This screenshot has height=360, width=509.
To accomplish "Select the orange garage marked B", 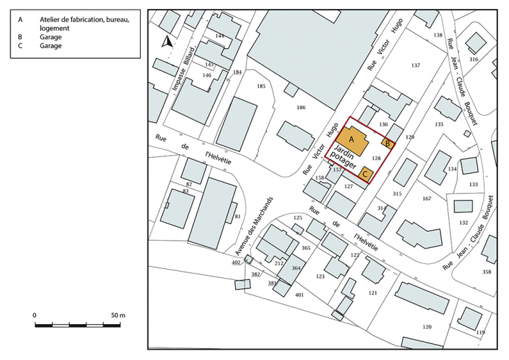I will click(388, 143).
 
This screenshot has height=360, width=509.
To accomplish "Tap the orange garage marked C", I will click(366, 174).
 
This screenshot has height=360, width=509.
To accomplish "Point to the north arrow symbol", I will click(166, 42).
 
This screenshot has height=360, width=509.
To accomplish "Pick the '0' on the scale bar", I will click(34, 314).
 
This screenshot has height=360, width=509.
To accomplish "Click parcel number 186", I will click(301, 108).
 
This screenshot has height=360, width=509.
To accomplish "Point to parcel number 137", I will click(415, 66).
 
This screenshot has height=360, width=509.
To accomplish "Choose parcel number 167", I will click(426, 199).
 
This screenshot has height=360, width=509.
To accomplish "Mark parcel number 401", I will click(299, 294).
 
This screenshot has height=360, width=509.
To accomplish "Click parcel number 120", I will click(426, 326).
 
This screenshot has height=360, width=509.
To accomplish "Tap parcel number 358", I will click(487, 272).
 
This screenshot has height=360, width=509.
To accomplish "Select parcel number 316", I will click(473, 59).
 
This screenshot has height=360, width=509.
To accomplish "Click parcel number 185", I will click(261, 86).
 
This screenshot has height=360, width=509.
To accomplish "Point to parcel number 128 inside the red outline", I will click(396, 158).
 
